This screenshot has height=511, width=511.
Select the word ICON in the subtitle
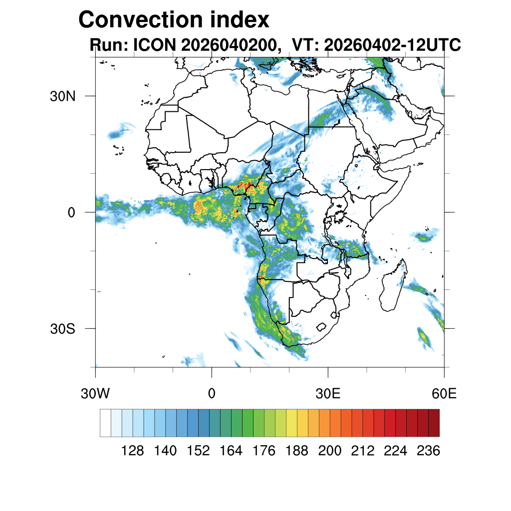[x=155, y=44]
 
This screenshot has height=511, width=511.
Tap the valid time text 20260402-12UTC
[x=392, y=44]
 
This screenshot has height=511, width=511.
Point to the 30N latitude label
[x=62, y=96]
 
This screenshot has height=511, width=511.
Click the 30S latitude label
[x=62, y=329]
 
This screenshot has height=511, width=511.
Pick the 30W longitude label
[x=95, y=394]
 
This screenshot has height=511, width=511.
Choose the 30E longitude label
[x=328, y=394]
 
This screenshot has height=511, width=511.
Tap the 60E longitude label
[x=444, y=394]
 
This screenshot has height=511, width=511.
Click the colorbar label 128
[x=132, y=451]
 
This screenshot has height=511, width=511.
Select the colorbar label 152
[x=198, y=451]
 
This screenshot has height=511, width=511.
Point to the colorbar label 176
[x=264, y=451]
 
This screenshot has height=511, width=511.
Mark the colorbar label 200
[x=330, y=451]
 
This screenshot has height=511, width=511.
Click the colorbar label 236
[x=429, y=451]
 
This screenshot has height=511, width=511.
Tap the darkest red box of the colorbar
[x=434, y=423]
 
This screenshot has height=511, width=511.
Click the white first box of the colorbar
[x=106, y=423]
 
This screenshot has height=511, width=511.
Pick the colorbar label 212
[x=363, y=451]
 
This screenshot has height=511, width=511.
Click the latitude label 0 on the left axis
[x=71, y=213]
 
